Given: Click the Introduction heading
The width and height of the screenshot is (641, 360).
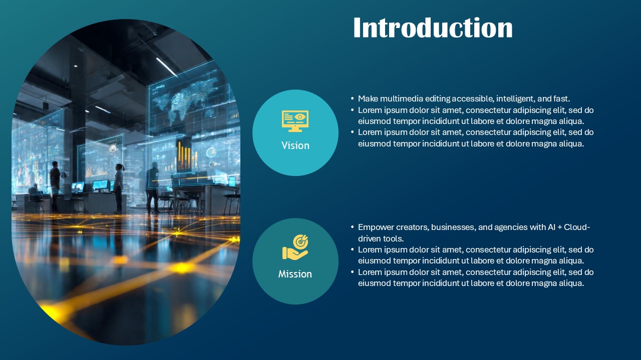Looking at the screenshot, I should (x=433, y=28).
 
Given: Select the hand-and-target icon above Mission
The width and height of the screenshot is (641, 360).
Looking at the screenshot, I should (x=295, y=248).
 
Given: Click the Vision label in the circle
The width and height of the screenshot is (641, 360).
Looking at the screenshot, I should (x=295, y=145).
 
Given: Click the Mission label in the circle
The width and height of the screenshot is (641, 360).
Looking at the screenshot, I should (x=295, y=274).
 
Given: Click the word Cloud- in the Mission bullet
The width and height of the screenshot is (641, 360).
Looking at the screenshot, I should (x=577, y=227).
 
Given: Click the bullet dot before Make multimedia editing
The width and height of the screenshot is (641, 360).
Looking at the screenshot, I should (x=353, y=99).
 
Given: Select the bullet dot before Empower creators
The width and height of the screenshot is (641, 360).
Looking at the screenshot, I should (x=353, y=227).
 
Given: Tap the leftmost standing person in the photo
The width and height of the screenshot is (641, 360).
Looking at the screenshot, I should (x=55, y=185).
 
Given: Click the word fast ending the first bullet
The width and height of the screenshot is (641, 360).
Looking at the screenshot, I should (x=561, y=99).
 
